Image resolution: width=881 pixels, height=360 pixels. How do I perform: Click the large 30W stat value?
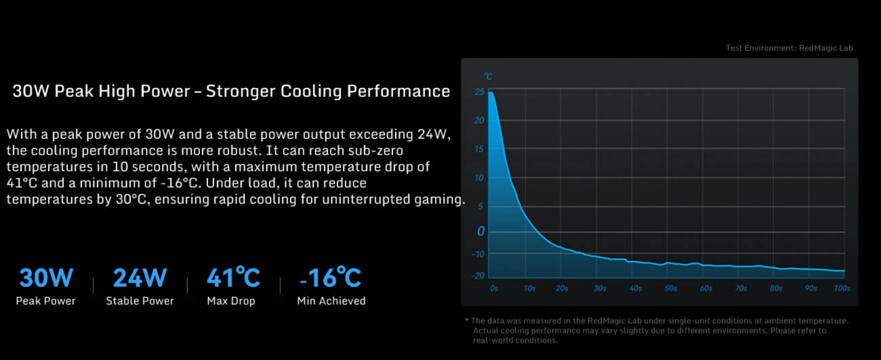click(x=46, y=278)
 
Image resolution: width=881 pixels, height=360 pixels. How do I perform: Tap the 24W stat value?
click(x=140, y=278)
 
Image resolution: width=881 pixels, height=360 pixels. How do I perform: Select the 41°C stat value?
click(x=233, y=278)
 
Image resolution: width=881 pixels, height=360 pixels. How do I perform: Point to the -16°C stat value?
click(x=330, y=278)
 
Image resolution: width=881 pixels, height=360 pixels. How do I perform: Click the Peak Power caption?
click(x=46, y=301)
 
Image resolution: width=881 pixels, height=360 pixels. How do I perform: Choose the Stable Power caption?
click(x=140, y=301)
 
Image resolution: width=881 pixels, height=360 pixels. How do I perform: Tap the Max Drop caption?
click(x=231, y=301)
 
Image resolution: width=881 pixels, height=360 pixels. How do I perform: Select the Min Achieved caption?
click(x=331, y=301)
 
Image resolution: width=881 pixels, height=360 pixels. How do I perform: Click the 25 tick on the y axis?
click(x=480, y=92)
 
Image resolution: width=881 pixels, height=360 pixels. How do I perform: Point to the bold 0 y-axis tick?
click(x=481, y=231)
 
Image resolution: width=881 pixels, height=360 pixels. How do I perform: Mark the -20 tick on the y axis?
click(x=478, y=276)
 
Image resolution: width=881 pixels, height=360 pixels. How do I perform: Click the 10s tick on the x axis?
click(x=529, y=288)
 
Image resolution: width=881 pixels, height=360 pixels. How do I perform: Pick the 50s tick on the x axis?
click(x=671, y=288)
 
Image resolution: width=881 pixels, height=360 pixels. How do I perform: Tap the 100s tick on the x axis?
click(x=842, y=288)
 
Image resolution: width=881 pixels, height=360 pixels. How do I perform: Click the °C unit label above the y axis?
click(x=488, y=77)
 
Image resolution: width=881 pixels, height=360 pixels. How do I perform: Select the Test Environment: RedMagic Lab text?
click(x=789, y=48)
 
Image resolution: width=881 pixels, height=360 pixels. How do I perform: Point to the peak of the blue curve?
click(x=491, y=93)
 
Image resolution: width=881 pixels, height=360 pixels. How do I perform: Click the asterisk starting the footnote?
click(x=467, y=320)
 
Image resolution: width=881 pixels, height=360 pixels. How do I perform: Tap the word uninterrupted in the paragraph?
click(x=366, y=199)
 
